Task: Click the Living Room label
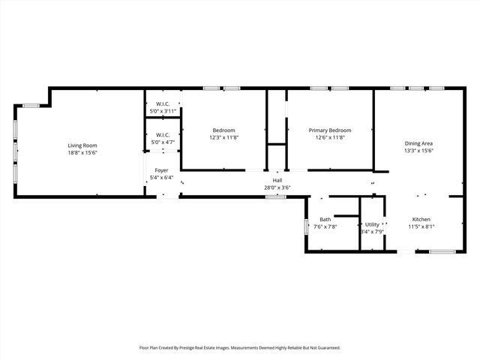pos(82,145)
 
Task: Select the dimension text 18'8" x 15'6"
pos(82,153)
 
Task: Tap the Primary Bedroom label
pos(330,130)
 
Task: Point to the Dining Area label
pos(419,143)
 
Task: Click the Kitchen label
pos(421,218)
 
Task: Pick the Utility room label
pos(372,224)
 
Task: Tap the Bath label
pos(325,219)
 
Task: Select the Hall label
pos(277,180)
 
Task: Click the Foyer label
pos(162,171)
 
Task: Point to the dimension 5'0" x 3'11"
pos(163,111)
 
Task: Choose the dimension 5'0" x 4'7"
pos(163,141)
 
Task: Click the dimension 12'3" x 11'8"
pos(223,137)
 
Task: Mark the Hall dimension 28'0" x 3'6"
pos(277,187)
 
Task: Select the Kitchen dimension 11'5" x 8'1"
pos(421,226)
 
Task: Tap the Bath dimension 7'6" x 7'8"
pos(325,226)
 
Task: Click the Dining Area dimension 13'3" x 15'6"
pos(419,151)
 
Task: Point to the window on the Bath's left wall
pos(306,226)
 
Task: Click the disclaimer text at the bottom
pos(240,348)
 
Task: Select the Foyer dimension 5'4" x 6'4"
pos(162,178)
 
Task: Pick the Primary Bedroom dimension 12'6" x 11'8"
pos(330,137)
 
